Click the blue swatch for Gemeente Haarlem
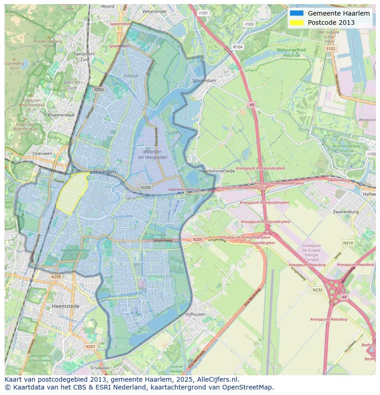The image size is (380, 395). coord(296,13)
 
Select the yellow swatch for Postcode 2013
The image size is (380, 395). coord(296,22)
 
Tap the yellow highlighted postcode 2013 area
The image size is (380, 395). coord(73,193)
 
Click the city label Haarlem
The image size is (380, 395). coord(105,171)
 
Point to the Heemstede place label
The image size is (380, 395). coord(66,306)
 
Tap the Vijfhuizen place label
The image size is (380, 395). coord(195,314)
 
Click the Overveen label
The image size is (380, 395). coord(42,154)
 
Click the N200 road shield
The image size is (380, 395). coord(146,188)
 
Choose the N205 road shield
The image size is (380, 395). coord(197,239)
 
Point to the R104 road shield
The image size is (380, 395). coord(237,47)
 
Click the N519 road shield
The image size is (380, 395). coord(347,243)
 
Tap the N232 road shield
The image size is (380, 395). coord(317,290)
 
